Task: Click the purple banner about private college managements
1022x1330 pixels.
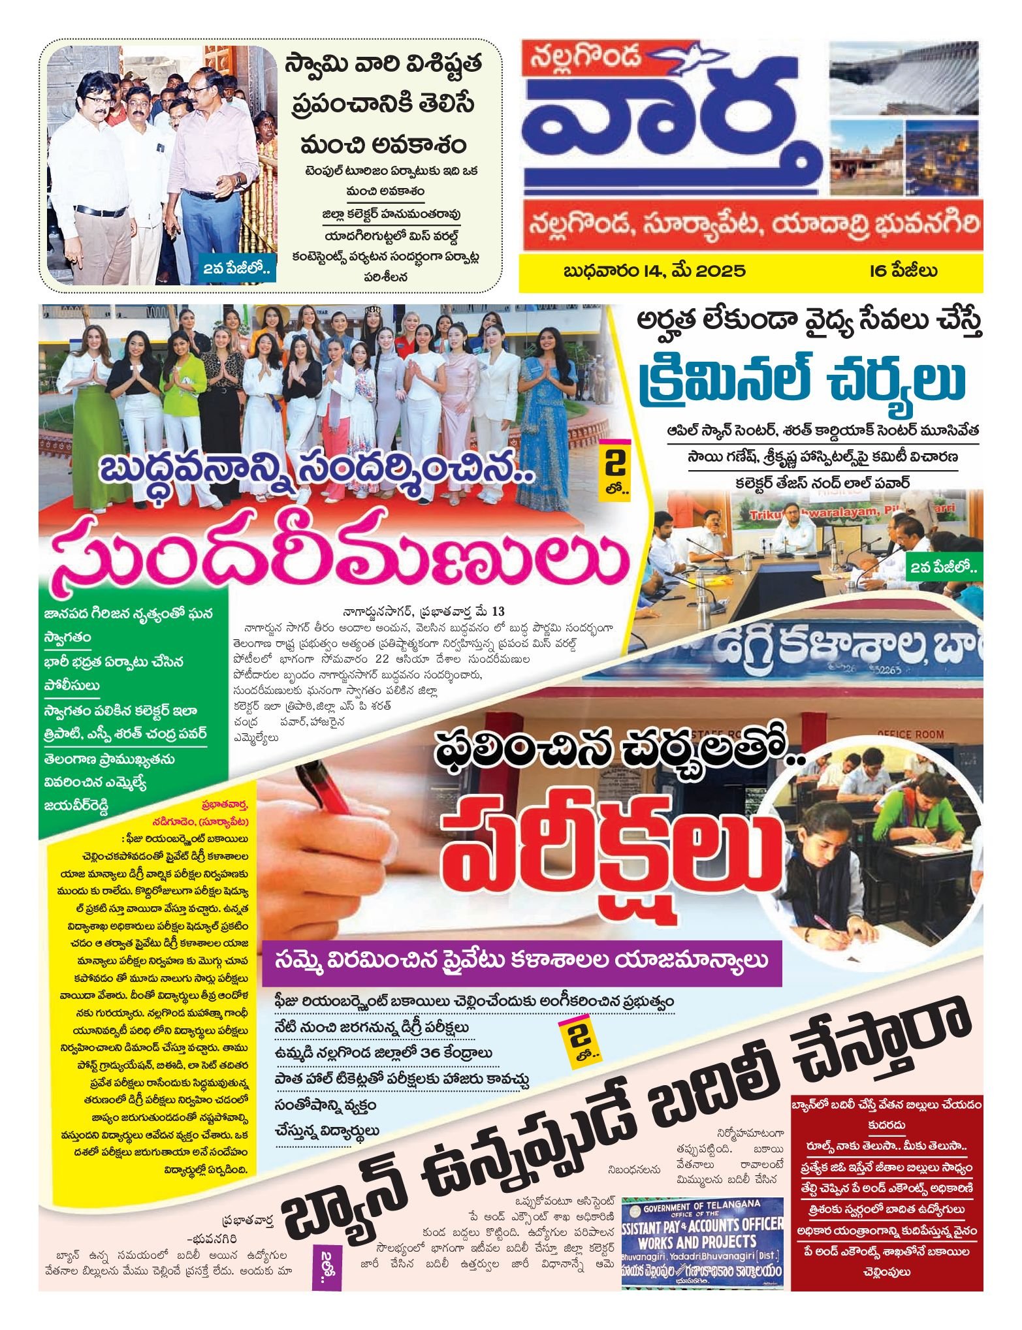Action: click(522, 961)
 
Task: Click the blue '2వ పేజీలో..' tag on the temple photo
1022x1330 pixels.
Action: click(239, 269)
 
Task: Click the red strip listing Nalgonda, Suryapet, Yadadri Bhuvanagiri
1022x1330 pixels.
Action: click(750, 225)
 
